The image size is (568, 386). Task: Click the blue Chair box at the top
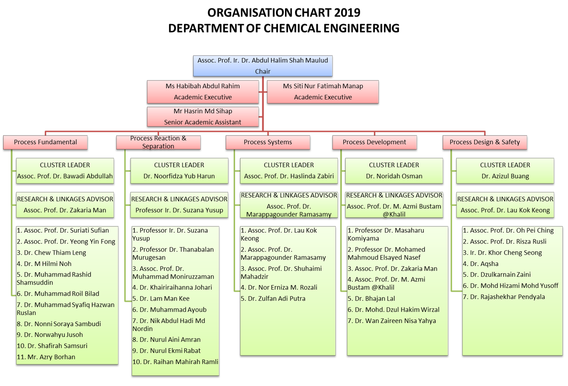263,66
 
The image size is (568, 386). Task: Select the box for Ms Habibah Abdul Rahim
203,92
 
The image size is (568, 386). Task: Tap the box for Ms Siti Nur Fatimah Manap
323,92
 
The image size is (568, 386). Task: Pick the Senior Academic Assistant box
203,117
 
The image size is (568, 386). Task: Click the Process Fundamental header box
45,142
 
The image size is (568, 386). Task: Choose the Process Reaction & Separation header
158,142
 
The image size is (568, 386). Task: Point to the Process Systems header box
268,142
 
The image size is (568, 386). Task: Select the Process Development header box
374,142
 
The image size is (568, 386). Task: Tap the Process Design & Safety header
485,142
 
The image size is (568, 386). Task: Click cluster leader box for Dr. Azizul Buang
505,171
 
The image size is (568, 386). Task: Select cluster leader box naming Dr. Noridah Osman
394,171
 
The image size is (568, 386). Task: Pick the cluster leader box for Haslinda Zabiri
289,171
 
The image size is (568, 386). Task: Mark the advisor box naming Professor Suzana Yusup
179,205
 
